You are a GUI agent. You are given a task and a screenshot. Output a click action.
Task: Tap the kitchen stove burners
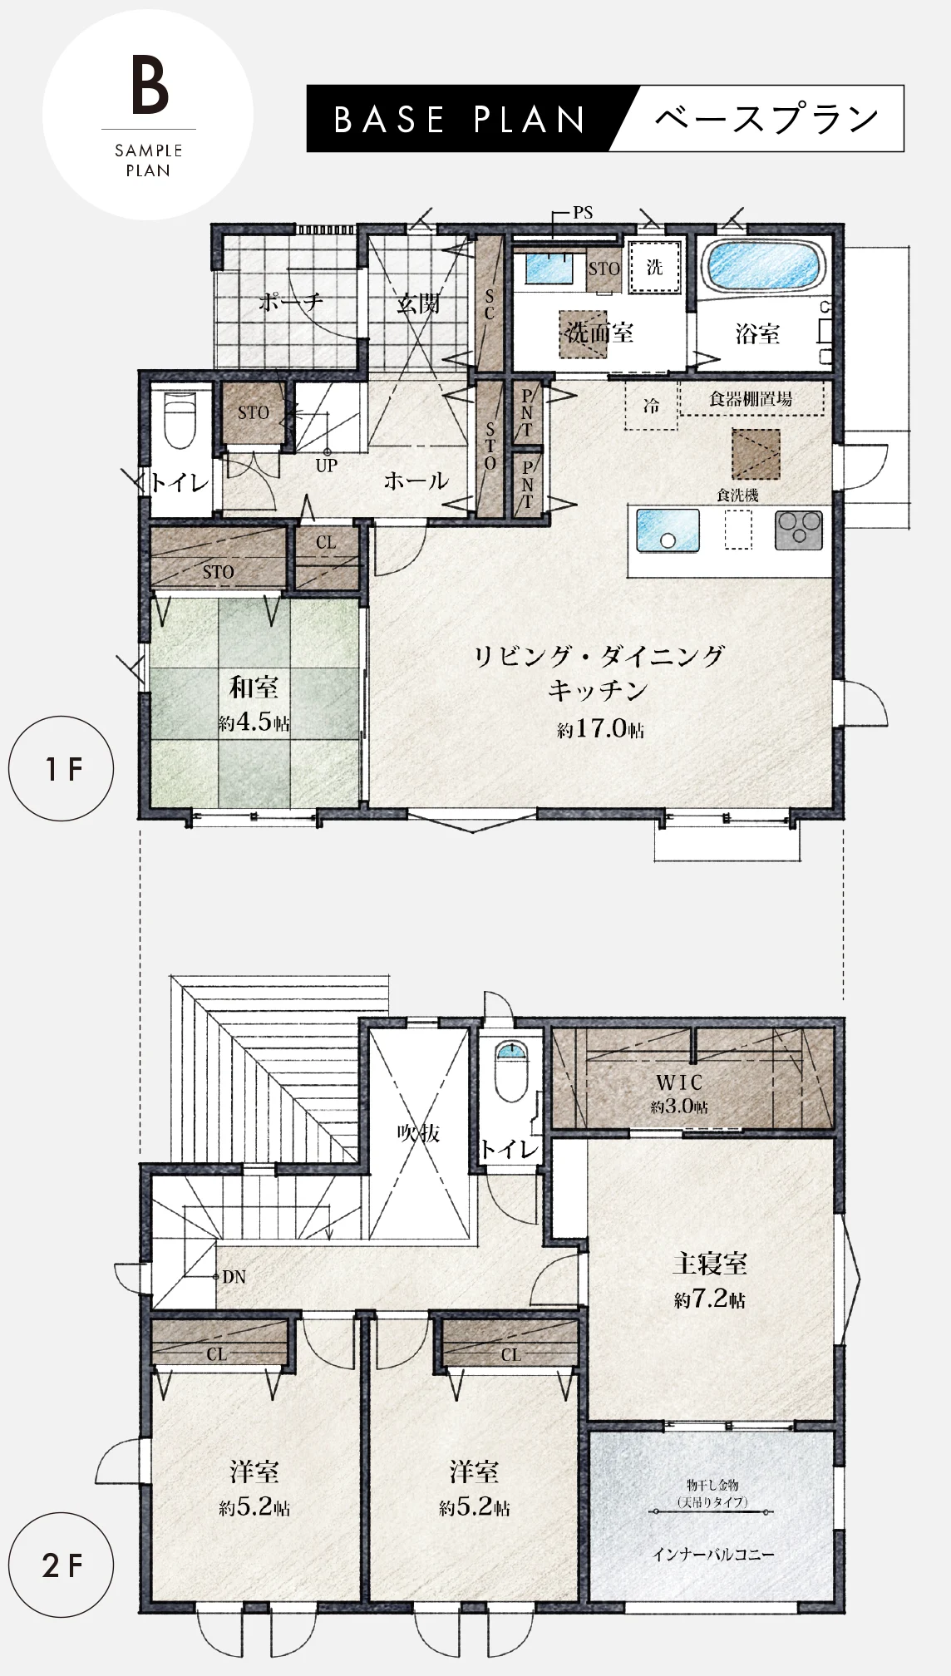(799, 530)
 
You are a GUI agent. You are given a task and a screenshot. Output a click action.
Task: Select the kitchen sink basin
(668, 530)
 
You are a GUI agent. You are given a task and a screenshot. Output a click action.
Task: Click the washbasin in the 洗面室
(549, 268)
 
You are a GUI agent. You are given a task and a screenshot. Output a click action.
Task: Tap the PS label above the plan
(583, 213)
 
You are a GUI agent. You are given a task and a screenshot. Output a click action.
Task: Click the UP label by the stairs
(326, 466)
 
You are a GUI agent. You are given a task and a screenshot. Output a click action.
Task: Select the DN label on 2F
(234, 1277)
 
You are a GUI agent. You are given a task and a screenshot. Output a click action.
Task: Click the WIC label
(679, 1082)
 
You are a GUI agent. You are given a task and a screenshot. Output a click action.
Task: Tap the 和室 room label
(254, 688)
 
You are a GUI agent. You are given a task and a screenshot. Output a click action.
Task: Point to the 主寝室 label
(709, 1264)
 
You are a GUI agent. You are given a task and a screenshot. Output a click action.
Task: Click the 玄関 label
(418, 303)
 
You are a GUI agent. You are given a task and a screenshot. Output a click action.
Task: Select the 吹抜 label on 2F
(418, 1132)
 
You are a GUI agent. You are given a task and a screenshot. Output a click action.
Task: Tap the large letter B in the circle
(150, 85)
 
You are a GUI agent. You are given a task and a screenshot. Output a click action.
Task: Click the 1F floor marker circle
(62, 769)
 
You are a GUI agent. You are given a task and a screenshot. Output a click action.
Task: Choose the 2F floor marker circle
(62, 1565)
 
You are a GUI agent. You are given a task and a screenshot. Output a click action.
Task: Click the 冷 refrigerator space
(651, 406)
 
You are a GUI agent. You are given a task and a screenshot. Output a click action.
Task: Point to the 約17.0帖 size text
(600, 729)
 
